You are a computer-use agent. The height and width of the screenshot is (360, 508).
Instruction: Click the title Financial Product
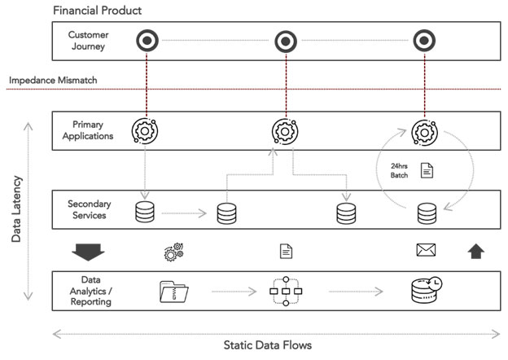tap(97, 11)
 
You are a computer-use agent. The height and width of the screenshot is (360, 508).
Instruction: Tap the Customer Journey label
tap(88, 41)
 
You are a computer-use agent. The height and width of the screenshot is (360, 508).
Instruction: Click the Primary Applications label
tap(88, 131)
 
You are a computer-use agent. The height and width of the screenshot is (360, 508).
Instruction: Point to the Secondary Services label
tap(88, 210)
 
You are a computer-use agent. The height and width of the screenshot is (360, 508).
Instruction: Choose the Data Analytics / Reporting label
tap(88, 291)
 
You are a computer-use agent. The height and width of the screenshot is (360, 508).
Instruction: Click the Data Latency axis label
tap(17, 209)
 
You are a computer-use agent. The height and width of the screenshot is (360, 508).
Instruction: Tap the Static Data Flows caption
tap(267, 345)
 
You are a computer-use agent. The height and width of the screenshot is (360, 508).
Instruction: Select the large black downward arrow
tap(88, 252)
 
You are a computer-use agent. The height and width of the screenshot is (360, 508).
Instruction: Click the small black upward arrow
tap(476, 252)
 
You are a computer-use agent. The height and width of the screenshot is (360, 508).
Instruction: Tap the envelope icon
tap(425, 251)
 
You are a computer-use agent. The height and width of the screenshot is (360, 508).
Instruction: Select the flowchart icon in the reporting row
tap(285, 290)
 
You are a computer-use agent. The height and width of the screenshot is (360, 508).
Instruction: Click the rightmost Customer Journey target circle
tap(423, 40)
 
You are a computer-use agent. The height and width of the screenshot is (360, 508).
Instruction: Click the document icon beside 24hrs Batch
tap(426, 171)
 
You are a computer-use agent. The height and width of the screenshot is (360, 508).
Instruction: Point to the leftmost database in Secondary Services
tap(144, 213)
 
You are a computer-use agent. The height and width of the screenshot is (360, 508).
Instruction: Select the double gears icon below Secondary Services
tap(174, 252)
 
